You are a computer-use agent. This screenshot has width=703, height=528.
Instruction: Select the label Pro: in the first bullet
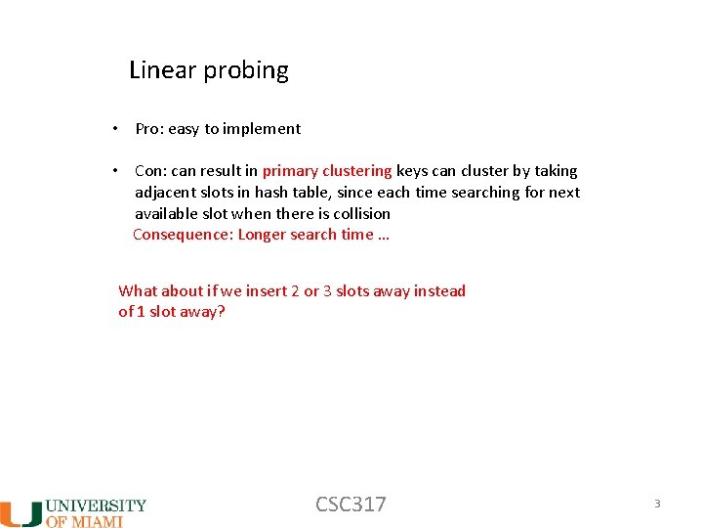coord(149,129)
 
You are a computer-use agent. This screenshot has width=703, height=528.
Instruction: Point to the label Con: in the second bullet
coord(150,171)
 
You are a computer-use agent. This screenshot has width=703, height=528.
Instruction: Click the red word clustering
coord(356,171)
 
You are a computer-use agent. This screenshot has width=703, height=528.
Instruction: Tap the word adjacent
coord(165,193)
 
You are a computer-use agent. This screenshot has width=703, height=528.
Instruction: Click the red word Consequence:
coord(183,235)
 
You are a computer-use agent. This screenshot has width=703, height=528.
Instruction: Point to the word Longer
coord(263,235)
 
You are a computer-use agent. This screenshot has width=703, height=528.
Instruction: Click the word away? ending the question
coord(202,312)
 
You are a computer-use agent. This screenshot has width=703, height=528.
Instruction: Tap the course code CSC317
coord(351,505)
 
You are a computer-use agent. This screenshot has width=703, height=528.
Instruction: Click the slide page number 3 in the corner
coord(657,504)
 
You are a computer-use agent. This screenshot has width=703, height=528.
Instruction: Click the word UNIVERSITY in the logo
coord(97,506)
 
